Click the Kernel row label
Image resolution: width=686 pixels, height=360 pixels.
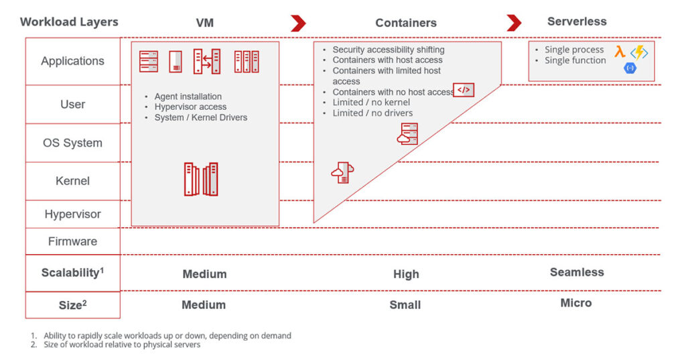coord(72,181)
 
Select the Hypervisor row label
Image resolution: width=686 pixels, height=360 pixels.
coord(72,215)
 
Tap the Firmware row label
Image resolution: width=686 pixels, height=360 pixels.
coord(72,241)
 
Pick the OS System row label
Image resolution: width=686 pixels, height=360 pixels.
coord(72,143)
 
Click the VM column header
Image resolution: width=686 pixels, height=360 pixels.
coord(205,23)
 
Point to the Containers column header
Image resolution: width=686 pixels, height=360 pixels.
coord(406,23)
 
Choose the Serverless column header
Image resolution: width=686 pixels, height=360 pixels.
coord(577,21)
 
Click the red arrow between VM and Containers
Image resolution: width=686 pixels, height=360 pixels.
coord(298,23)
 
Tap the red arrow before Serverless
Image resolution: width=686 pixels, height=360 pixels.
coord(514,23)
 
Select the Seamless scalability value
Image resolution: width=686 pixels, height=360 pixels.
coord(577,272)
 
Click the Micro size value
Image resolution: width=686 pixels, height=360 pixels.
coord(576,303)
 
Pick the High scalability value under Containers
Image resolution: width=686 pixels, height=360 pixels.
coord(406,274)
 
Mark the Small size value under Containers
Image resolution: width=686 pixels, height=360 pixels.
coord(405,305)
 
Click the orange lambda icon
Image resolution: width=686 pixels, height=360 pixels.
coord(620,51)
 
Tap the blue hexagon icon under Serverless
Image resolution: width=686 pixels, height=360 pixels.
coord(630,68)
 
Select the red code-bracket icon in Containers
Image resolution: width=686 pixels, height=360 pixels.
coord(464,90)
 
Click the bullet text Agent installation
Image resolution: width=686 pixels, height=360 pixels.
coord(188,97)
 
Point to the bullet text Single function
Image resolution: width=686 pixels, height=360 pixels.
coord(575,60)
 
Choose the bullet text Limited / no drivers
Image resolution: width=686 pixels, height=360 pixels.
coord(372,113)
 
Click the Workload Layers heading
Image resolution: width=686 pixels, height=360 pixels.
coord(69,21)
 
